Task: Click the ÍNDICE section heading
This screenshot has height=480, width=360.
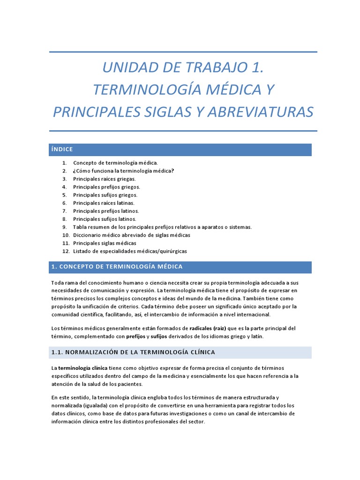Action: pyautogui.click(x=62, y=150)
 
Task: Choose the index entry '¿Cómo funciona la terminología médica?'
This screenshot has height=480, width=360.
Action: pyautogui.click(x=123, y=171)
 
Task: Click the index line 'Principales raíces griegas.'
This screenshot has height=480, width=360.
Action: pyautogui.click(x=104, y=179)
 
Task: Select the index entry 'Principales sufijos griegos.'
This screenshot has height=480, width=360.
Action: pyautogui.click(x=105, y=195)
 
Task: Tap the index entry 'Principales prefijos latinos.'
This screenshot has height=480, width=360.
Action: pyautogui.click(x=105, y=211)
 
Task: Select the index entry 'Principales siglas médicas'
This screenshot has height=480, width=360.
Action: pyautogui.click(x=105, y=243)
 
